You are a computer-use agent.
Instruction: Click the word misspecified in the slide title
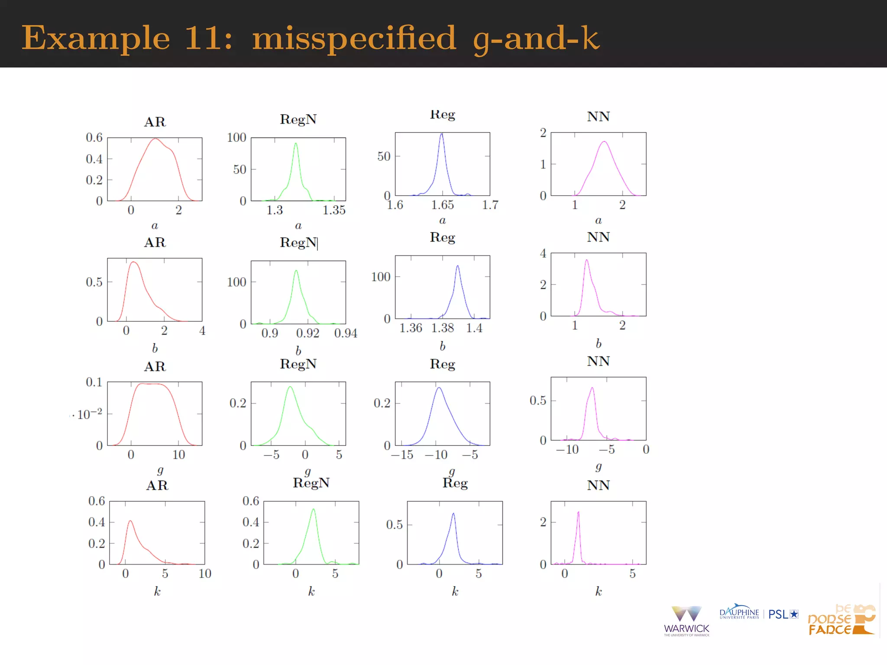pos(354,38)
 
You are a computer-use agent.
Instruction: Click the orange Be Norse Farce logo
pos(841,620)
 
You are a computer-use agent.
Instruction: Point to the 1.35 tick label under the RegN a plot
pos(334,210)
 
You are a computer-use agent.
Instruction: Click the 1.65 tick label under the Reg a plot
pos(442,205)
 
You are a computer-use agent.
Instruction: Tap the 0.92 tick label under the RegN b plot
pos(308,333)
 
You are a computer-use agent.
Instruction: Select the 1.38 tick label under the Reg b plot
pos(442,328)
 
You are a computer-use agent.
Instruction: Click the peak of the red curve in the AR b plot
pos(133,262)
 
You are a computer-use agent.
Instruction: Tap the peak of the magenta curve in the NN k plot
pos(578,513)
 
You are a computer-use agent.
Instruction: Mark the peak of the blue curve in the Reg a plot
pos(442,134)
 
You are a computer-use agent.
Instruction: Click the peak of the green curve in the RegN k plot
pos(313,510)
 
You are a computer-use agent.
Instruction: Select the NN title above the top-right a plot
pos(598,116)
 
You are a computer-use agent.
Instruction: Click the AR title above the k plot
pos(157,485)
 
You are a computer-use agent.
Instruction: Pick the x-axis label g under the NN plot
pos(599,466)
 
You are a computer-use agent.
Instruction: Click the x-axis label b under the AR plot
pos(155,348)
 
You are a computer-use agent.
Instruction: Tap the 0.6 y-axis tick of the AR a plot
pos(94,138)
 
